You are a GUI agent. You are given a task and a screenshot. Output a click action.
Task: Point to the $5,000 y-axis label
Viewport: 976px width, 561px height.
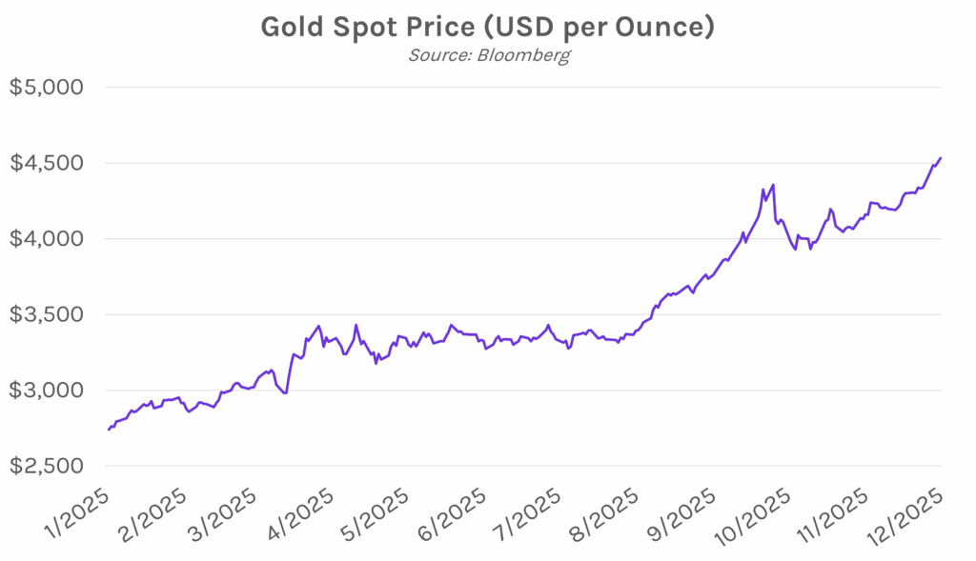pyautogui.click(x=48, y=88)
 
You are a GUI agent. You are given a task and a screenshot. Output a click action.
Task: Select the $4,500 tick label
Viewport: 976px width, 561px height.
pyautogui.click(x=48, y=163)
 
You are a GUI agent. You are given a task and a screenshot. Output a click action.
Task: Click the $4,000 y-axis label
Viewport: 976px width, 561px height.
pyautogui.click(x=48, y=239)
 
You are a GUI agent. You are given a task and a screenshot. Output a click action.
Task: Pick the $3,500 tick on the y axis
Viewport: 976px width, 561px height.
pyautogui.click(x=48, y=315)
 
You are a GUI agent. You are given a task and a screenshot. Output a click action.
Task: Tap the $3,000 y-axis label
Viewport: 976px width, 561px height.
pyautogui.click(x=48, y=391)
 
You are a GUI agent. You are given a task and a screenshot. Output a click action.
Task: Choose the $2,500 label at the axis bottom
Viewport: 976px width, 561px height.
pyautogui.click(x=48, y=467)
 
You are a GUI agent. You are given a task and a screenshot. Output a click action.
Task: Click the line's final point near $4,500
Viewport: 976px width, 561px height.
pyautogui.click(x=941, y=158)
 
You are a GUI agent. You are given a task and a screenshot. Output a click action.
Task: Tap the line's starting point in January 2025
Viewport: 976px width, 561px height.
pyautogui.click(x=110, y=430)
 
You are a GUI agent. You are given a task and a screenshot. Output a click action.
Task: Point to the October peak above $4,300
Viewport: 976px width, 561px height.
pyautogui.click(x=773, y=185)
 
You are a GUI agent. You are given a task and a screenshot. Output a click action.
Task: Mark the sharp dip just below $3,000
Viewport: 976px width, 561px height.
pyautogui.click(x=285, y=392)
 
